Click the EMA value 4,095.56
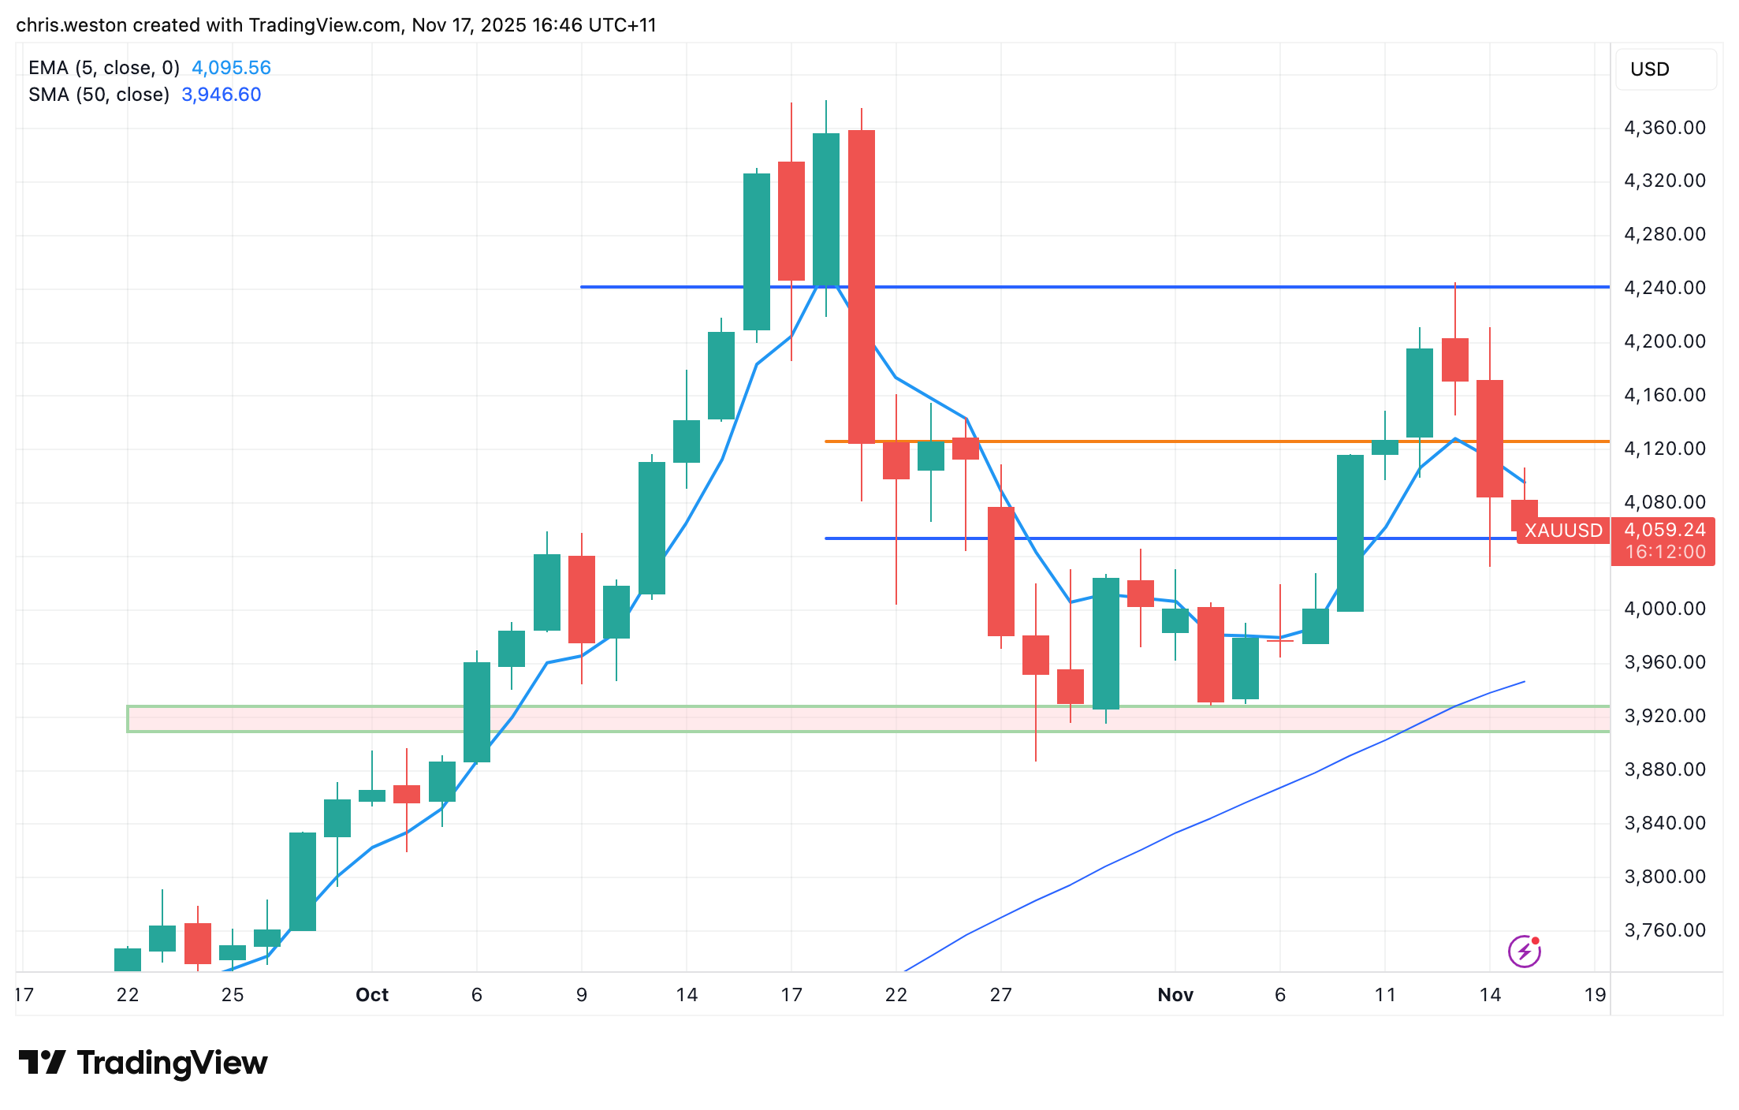click(231, 68)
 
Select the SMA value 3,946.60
click(221, 95)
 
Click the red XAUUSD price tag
click(1562, 531)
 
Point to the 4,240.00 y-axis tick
click(1665, 288)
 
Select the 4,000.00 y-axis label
click(1665, 609)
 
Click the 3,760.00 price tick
click(1665, 930)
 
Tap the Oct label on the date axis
click(372, 995)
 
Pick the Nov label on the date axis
click(1175, 995)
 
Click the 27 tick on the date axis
click(1000, 995)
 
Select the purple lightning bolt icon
click(1524, 952)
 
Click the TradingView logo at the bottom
click(143, 1063)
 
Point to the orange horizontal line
click(1182, 441)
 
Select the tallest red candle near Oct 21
click(861, 288)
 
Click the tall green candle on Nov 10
click(1350, 533)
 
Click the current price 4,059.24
click(1665, 530)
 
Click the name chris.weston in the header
click(71, 25)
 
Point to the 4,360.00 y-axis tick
click(1665, 128)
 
